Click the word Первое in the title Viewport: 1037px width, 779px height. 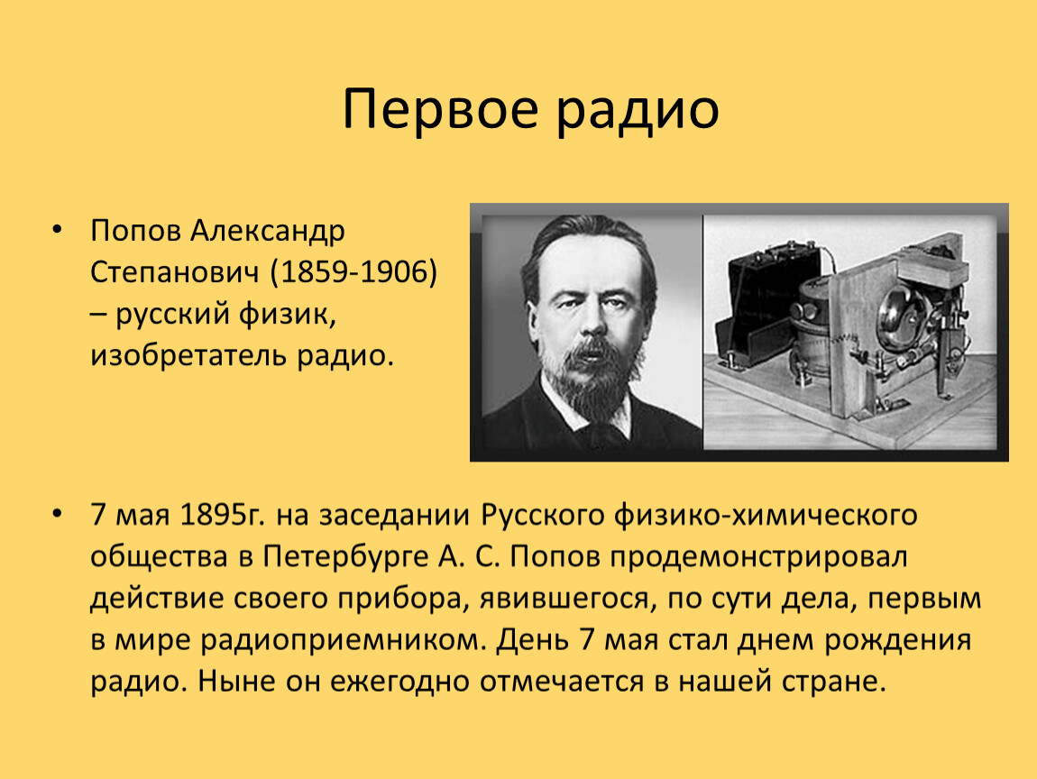click(440, 110)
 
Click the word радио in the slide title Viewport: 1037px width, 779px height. click(637, 110)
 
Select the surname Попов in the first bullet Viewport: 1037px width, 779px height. click(135, 231)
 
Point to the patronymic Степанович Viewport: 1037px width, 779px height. click(174, 272)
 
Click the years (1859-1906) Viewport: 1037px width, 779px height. click(353, 272)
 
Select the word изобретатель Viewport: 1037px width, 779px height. click(188, 355)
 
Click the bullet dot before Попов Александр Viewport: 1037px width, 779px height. click(57, 230)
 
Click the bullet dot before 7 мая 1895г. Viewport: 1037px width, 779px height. click(57, 514)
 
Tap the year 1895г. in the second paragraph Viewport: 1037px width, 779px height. click(221, 515)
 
